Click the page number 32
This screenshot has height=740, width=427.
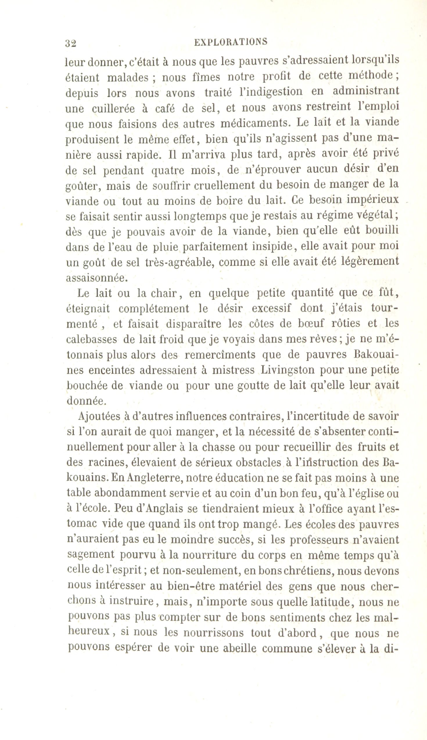coord(71,43)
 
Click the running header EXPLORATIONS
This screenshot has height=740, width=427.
coord(231,42)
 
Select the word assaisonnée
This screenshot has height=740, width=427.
coord(97,278)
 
